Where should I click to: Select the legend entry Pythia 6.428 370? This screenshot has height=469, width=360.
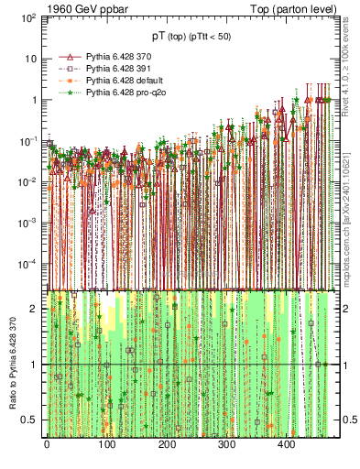pyautogui.click(x=112, y=57)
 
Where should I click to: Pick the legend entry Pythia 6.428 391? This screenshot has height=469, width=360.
pyautogui.click(x=112, y=69)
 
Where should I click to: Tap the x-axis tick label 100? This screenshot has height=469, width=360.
pyautogui.click(x=106, y=446)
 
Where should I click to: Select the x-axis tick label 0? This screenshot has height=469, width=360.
pyautogui.click(x=47, y=446)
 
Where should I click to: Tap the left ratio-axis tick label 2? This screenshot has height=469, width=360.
pyautogui.click(x=34, y=309)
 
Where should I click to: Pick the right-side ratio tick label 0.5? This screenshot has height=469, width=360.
pyautogui.click(x=346, y=420)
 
